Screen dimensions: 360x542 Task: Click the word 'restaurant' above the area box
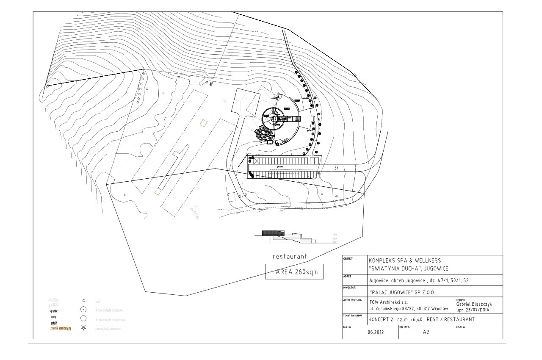pos(290,257)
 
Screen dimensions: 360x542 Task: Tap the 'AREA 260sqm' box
pos(294,272)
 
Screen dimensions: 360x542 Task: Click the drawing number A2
pos(426,332)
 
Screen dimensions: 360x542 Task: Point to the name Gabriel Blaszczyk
pos(474,304)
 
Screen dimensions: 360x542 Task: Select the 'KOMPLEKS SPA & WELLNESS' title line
pos(404,261)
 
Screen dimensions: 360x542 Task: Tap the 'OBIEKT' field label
pos(348,258)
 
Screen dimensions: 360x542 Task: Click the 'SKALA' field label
pos(461,327)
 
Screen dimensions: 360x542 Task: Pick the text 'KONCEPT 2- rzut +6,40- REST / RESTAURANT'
pos(421,319)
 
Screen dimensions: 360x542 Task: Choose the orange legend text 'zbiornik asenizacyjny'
pos(61,328)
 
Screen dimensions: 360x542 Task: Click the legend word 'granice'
pos(54,311)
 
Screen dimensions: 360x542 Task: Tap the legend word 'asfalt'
pos(54,323)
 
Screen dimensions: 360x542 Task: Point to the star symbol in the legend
pos(83,328)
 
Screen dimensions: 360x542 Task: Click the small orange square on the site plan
pos(204,123)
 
